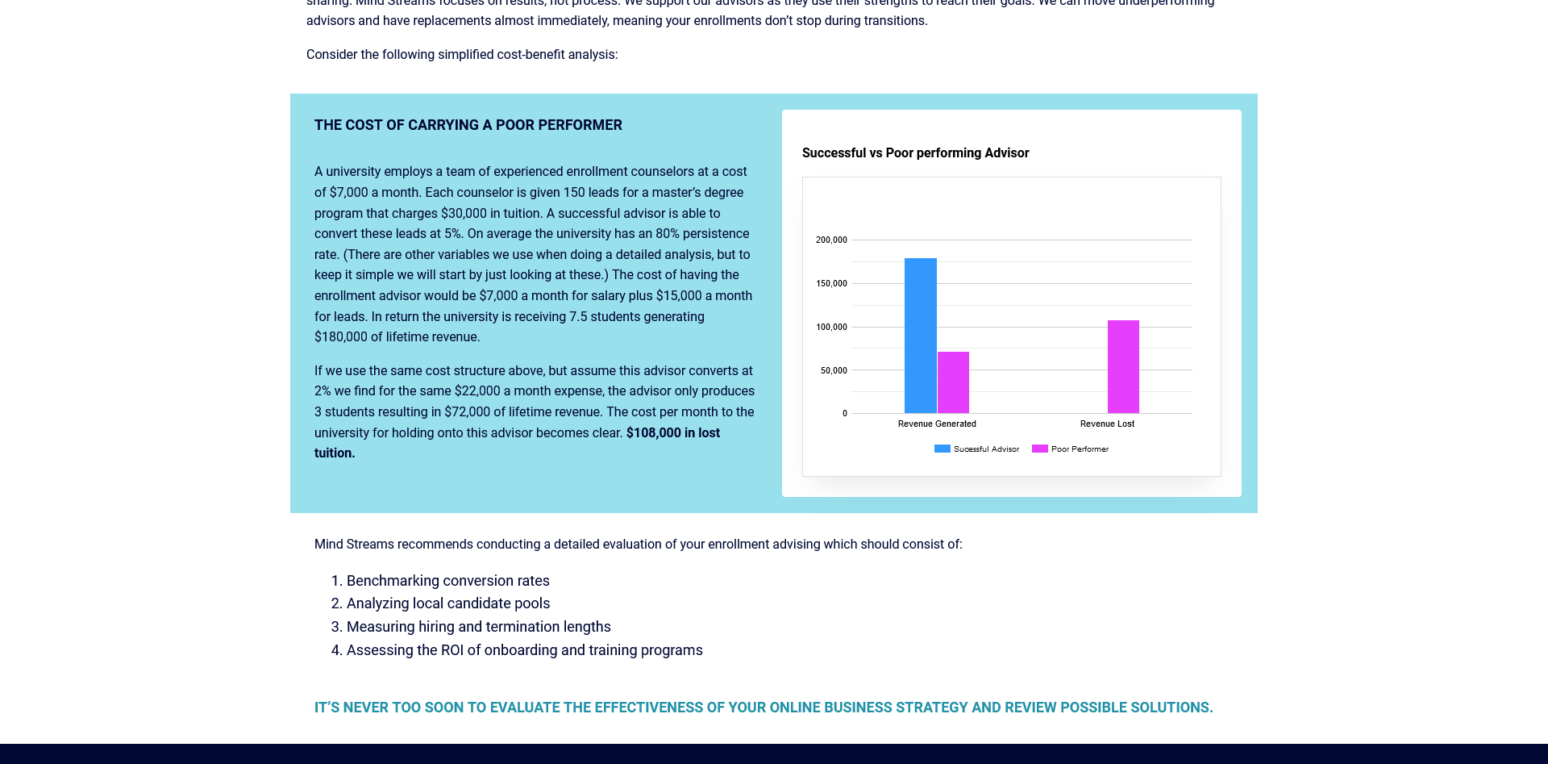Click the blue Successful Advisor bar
[x=920, y=336]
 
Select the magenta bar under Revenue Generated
[x=953, y=382]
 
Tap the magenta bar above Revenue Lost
[x=1123, y=367]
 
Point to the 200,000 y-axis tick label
[x=831, y=240]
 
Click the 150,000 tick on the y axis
[x=831, y=283]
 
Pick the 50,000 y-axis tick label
[x=834, y=370]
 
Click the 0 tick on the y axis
[x=844, y=413]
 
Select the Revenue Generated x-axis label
[x=937, y=424]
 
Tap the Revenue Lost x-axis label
[x=1107, y=424]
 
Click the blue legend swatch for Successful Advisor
[x=942, y=449]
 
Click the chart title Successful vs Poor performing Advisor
[x=915, y=152]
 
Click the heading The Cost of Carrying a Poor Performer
[x=468, y=125]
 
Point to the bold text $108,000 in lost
[x=672, y=432]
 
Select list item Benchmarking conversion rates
[x=447, y=580]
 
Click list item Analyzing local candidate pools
[x=447, y=603]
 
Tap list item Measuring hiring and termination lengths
[x=478, y=626]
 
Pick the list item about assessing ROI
[x=524, y=649]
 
